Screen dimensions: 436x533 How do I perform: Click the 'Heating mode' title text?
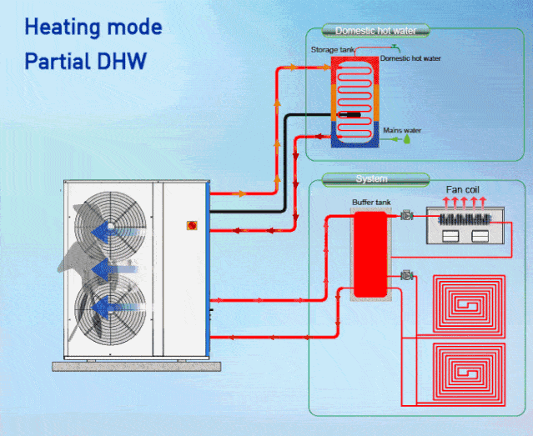click(93, 27)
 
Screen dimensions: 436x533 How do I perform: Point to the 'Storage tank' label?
click(332, 50)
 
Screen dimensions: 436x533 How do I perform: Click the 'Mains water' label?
click(402, 130)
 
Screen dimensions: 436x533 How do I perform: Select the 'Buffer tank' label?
click(370, 203)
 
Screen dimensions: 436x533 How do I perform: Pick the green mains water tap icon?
click(407, 141)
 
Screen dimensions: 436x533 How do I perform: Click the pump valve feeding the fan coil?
click(408, 216)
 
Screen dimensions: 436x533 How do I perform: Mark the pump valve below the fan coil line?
click(408, 274)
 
